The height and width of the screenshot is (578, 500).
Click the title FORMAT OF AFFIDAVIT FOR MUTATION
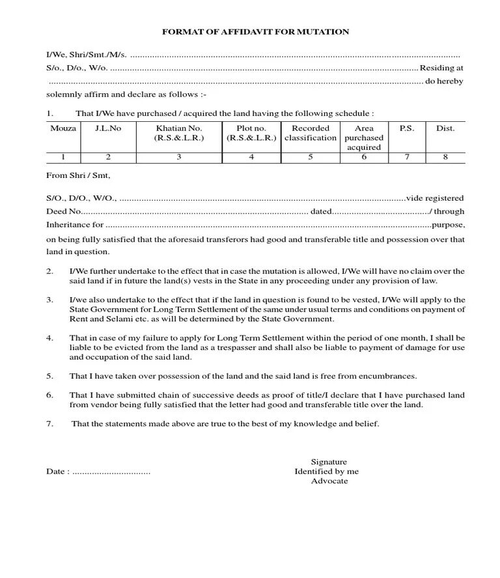pyautogui.click(x=255, y=32)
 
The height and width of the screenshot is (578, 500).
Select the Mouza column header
pyautogui.click(x=63, y=128)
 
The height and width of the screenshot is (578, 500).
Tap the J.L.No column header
pyautogui.click(x=108, y=128)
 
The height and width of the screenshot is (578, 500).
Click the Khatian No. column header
pyautogui.click(x=179, y=133)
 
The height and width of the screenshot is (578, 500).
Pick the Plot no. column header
pyautogui.click(x=251, y=133)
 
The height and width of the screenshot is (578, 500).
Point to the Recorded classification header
pyautogui.click(x=311, y=133)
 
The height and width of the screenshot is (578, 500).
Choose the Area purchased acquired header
pyautogui.click(x=364, y=137)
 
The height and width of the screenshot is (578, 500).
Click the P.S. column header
pyautogui.click(x=407, y=128)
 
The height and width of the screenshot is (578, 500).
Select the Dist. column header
pyautogui.click(x=445, y=128)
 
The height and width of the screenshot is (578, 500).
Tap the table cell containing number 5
pyautogui.click(x=311, y=157)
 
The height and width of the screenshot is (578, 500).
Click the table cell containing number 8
pyautogui.click(x=445, y=157)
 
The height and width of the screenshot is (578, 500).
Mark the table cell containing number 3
pyautogui.click(x=179, y=157)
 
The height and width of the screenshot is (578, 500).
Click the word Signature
pyautogui.click(x=329, y=462)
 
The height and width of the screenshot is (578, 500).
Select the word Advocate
pyautogui.click(x=329, y=481)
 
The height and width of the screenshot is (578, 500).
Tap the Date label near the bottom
pyautogui.click(x=57, y=472)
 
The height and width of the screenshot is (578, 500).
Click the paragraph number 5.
pyautogui.click(x=49, y=377)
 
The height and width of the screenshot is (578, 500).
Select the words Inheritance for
pyautogui.click(x=75, y=225)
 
